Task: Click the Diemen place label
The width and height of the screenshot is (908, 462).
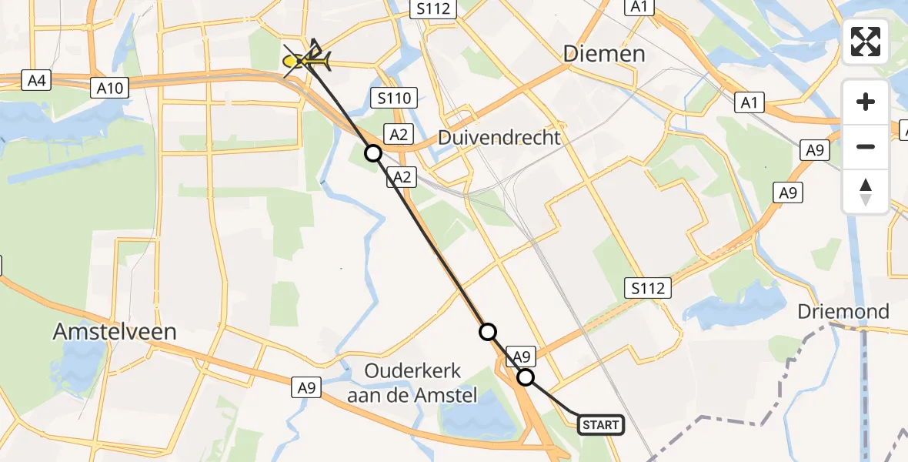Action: (x=604, y=53)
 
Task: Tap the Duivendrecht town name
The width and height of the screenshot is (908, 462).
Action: (x=499, y=138)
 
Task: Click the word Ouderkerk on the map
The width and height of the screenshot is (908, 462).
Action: (x=414, y=371)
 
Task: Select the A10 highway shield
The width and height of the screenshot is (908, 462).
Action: (x=110, y=88)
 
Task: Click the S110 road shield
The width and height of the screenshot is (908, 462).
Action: (x=394, y=98)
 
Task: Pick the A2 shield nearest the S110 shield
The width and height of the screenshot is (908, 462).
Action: (x=398, y=135)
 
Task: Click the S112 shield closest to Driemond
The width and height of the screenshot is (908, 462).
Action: (x=647, y=289)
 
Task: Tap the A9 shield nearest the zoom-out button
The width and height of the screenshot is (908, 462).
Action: (x=815, y=150)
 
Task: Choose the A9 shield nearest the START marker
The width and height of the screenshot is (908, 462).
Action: (x=522, y=357)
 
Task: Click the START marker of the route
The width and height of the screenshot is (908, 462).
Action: (x=600, y=424)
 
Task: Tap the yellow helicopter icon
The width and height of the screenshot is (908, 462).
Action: (x=307, y=57)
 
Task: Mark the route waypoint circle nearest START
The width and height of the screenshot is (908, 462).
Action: (x=526, y=377)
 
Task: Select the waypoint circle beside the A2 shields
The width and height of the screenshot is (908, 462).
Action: (x=373, y=153)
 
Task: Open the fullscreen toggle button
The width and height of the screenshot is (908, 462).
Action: (x=866, y=42)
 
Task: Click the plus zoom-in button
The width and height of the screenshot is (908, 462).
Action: (x=866, y=102)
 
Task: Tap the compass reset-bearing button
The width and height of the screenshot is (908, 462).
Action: (x=866, y=191)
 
